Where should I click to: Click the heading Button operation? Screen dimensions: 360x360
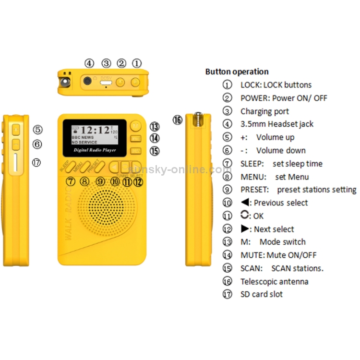237,72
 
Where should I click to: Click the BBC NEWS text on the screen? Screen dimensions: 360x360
83,137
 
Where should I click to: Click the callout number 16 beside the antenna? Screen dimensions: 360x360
178,120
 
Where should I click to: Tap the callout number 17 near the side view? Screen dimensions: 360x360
37,163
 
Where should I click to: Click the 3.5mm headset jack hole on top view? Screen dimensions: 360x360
87,81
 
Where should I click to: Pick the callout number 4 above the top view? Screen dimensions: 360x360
89,63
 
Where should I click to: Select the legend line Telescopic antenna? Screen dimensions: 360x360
274,281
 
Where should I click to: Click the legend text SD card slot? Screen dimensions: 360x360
261,294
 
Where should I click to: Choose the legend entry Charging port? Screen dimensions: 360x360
264,111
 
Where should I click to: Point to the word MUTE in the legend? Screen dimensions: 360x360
252,255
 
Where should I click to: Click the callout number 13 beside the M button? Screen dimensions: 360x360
154,127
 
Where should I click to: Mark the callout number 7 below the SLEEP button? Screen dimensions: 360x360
71,182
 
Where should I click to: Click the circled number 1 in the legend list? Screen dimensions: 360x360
227,85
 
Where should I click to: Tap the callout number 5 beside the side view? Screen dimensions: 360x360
37,130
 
